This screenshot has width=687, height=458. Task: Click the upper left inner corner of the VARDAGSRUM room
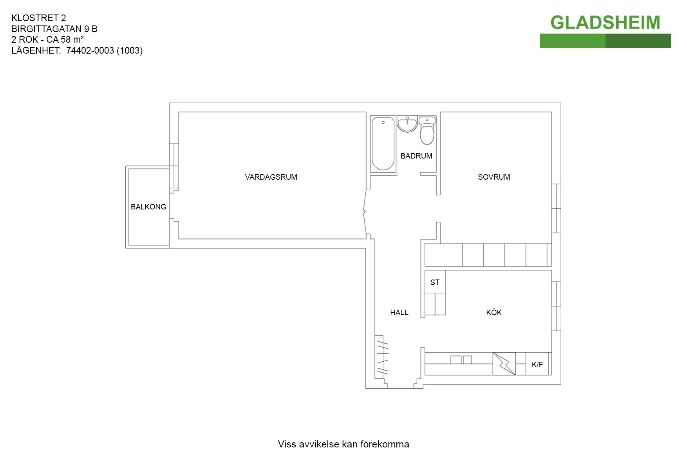179,112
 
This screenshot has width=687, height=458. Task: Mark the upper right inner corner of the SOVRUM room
551,112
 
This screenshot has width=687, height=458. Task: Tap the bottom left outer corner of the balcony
126,248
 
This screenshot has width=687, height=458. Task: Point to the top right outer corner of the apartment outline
561,103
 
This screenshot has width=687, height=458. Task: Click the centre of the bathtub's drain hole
383,123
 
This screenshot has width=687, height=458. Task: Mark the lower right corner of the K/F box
549,375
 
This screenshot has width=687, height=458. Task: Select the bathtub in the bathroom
383,144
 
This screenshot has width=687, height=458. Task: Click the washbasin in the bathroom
407,124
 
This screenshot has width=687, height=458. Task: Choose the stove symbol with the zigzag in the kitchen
504,364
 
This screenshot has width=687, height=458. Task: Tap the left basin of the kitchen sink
456,360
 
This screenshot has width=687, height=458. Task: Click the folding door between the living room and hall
365,212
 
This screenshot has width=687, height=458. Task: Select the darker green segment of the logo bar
638,41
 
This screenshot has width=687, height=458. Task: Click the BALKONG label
148,207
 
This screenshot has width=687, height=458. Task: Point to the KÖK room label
494,312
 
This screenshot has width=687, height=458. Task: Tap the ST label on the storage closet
435,282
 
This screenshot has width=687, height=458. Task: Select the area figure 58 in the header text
66,40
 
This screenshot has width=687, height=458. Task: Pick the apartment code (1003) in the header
130,50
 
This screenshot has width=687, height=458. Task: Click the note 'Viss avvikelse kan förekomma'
343,444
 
